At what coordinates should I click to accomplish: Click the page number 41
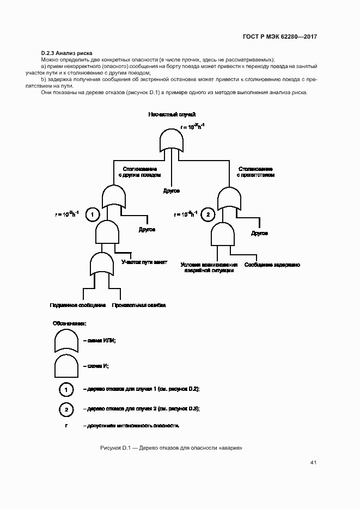point(313,463)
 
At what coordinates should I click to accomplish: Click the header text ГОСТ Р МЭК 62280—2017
point(279,37)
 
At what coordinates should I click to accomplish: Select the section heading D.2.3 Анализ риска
point(67,53)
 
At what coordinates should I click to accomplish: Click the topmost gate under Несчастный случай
point(172,140)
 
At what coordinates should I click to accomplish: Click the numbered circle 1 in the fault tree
point(93,214)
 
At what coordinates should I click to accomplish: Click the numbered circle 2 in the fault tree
point(208,214)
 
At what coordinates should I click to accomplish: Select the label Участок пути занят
point(144,262)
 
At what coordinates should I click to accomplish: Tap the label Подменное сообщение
point(77,305)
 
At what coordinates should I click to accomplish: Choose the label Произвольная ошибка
point(139,305)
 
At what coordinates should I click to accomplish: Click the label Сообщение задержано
point(272,265)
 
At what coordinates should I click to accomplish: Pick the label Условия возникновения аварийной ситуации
point(210,267)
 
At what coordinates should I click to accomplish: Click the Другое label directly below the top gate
point(171,191)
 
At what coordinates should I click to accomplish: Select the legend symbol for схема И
point(65,366)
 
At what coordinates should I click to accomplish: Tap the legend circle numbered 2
point(66,409)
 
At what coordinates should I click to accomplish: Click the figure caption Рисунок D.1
point(171,447)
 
